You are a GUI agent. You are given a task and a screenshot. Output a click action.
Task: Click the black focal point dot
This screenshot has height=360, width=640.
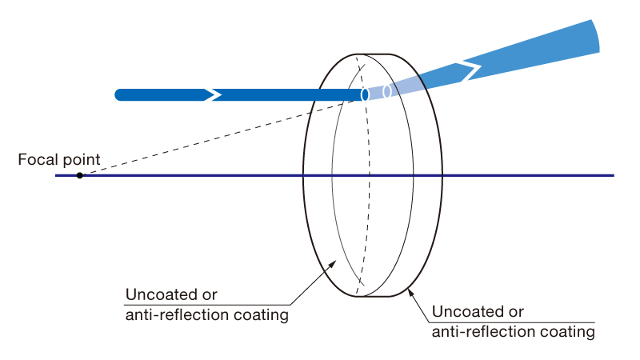pos(80,174)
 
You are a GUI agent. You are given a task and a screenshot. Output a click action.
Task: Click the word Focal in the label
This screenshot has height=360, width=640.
pos(36,160)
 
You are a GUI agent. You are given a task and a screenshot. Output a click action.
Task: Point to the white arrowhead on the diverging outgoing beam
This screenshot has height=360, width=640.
pos(472,69)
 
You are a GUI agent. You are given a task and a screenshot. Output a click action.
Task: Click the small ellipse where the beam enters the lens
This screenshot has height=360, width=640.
pos(365,95)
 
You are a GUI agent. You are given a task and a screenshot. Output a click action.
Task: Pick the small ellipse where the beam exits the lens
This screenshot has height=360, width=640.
pos(387,91)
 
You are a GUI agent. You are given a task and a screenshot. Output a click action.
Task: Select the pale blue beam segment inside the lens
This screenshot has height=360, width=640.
pos(376,93)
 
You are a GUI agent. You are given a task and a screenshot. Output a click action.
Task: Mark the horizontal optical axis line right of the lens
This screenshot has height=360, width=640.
pos(528,174)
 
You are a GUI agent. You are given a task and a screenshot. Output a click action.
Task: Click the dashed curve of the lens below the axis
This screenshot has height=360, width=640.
pos(366,240)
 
